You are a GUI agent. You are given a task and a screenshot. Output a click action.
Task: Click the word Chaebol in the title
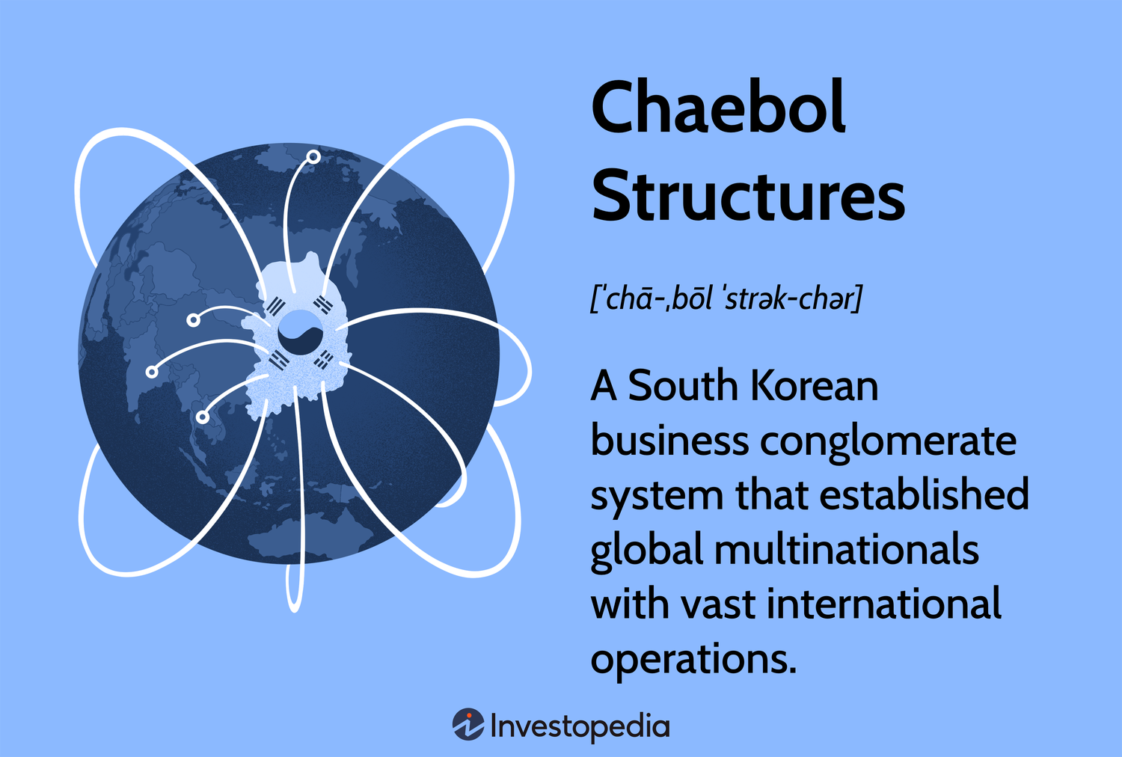click(718, 108)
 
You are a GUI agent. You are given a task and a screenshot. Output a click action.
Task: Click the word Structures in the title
click(748, 196)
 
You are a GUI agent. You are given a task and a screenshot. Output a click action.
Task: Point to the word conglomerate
click(888, 441)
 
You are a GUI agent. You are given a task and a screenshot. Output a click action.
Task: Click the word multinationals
click(846, 550)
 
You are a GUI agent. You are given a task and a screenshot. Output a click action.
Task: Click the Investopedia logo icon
click(468, 725)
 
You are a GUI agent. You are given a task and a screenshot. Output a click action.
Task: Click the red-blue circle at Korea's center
click(300, 334)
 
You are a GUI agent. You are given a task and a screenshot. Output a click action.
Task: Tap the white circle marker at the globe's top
click(313, 157)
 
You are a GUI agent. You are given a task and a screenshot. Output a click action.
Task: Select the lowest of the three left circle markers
click(203, 417)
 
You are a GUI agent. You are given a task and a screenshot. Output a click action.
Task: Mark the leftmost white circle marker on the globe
click(152, 371)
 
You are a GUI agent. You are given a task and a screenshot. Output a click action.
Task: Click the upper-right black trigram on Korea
click(323, 304)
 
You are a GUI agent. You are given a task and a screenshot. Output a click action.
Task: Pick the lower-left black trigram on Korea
click(279, 361)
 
